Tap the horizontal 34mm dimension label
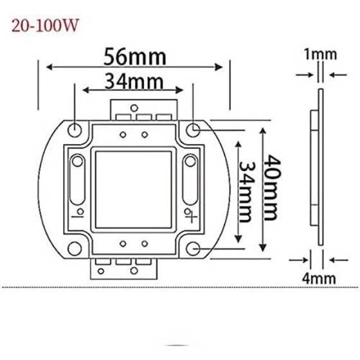[134, 82]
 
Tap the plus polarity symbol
[189, 212]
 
